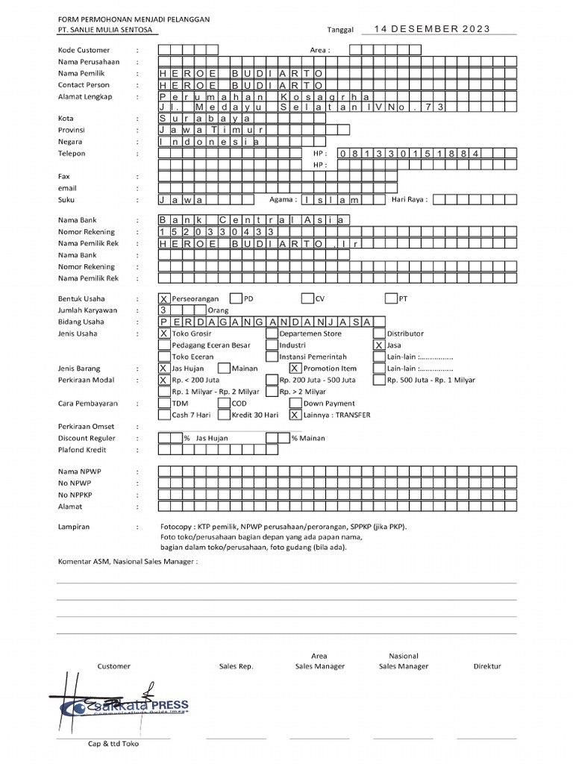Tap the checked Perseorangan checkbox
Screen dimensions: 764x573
165,298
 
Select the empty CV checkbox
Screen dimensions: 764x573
307,298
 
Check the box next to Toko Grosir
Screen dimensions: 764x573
165,334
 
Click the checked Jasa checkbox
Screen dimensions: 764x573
379,345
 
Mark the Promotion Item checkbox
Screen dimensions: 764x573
295,369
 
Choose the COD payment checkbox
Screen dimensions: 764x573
225,404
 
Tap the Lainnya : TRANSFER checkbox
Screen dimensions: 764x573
295,415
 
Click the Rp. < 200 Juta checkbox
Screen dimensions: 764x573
165,380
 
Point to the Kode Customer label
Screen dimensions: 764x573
84,50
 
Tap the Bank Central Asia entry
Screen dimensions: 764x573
253,220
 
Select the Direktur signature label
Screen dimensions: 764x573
487,666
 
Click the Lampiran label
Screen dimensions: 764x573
74,527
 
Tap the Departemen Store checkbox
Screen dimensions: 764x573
272,334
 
